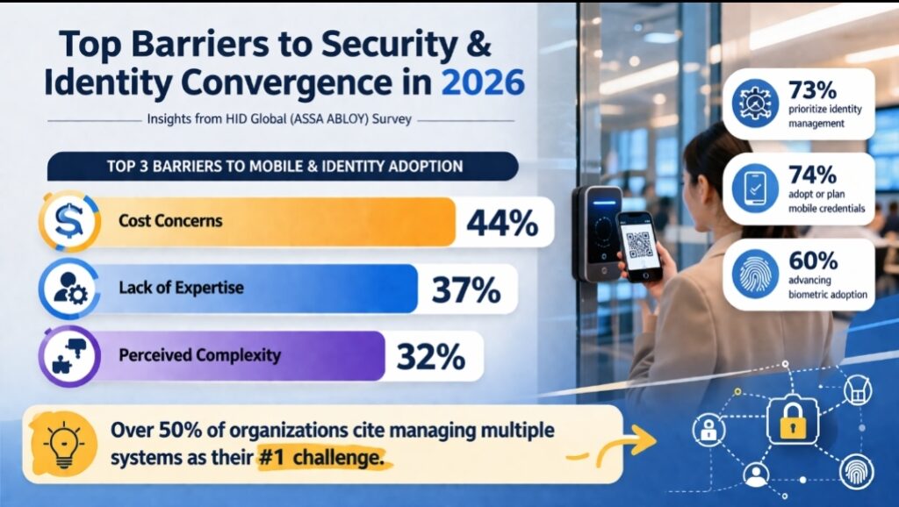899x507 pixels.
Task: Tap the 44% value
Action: coord(502,223)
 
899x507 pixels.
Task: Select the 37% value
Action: coord(465,289)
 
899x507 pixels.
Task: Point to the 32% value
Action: coord(430,356)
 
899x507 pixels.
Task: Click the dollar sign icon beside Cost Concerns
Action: coord(67,222)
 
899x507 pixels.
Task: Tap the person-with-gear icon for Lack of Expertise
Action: coord(67,289)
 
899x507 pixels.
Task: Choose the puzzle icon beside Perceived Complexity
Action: coord(67,356)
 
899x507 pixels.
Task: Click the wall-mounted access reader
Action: coord(599,233)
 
